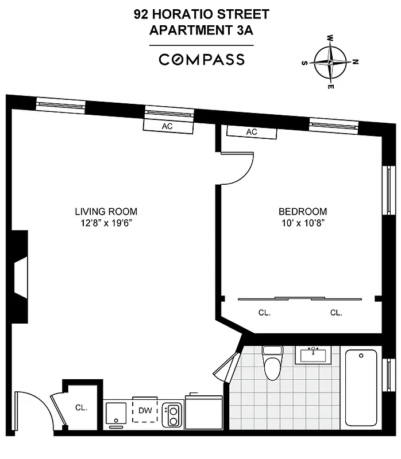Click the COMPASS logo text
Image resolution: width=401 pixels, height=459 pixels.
[201, 60]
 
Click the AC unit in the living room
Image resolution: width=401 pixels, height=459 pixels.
[167, 126]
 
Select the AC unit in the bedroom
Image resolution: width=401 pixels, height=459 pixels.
[252, 132]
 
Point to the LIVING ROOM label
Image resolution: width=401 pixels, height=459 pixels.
[106, 211]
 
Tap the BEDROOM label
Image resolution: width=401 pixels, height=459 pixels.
[303, 211]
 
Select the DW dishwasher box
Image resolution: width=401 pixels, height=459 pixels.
[144, 411]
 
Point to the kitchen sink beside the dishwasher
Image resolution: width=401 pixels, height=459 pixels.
[117, 413]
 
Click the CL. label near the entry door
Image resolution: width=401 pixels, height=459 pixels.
[81, 408]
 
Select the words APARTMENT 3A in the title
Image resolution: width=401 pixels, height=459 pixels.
[201, 31]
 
